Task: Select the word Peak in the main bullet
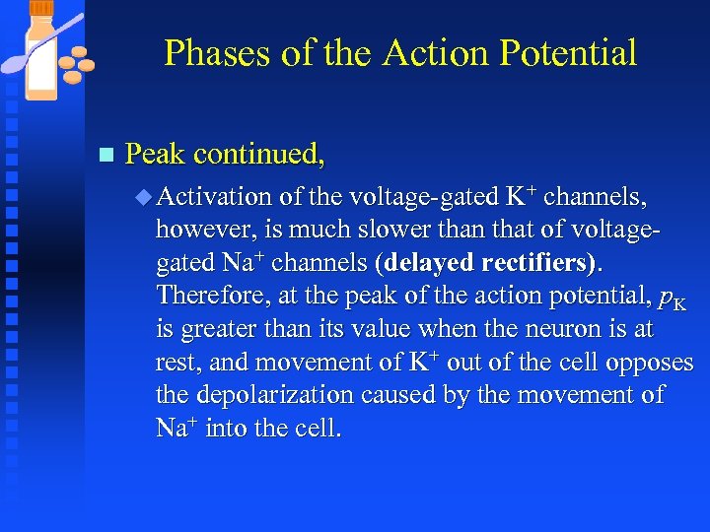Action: (x=156, y=155)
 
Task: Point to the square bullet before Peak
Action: (x=106, y=156)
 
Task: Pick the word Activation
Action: (x=215, y=197)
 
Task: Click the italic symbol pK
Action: (x=672, y=299)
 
